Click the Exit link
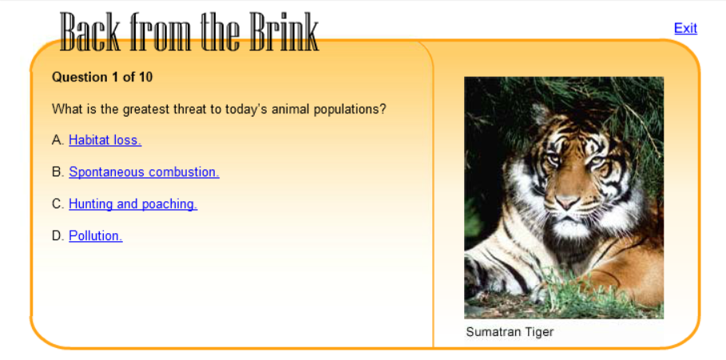point(685,28)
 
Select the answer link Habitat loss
point(105,140)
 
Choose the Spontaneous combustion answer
point(144,172)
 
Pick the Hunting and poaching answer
point(133,204)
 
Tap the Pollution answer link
point(96,236)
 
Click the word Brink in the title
point(284,31)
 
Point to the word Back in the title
point(89,31)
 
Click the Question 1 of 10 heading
point(102,77)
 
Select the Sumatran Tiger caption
point(510,332)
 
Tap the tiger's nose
point(568,202)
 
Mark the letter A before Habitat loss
point(58,140)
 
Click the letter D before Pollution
point(58,236)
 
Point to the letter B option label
point(58,172)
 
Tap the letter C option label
point(58,204)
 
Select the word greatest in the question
point(146,110)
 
